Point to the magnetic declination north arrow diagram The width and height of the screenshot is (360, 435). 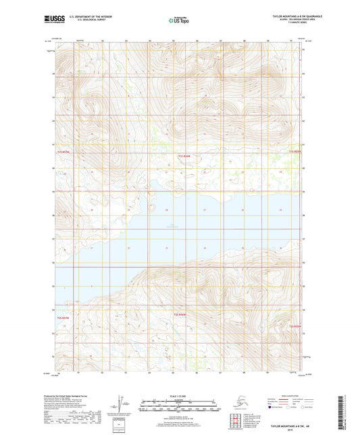(122, 403)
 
